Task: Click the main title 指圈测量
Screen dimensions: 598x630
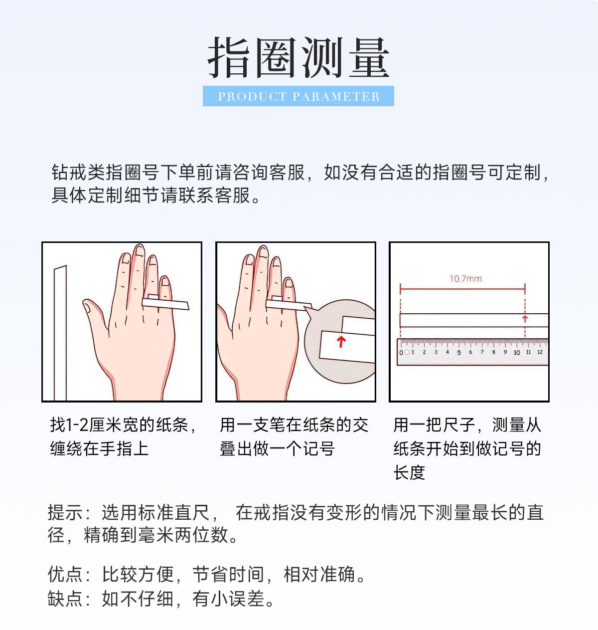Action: coord(299,58)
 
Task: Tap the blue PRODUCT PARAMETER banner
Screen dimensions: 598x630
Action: coord(299,96)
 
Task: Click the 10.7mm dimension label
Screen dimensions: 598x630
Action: coord(465,279)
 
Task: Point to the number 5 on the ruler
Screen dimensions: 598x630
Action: coord(459,353)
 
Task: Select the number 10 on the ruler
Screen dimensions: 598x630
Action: coord(517,353)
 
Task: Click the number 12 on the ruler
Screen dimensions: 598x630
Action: coord(540,352)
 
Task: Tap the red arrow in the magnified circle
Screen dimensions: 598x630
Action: coord(341,342)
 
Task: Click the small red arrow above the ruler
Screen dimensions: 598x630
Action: coord(525,319)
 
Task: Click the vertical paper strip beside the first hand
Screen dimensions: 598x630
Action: coord(60,333)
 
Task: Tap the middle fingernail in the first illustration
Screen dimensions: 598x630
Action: coord(140,250)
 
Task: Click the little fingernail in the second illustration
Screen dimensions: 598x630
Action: coord(289,283)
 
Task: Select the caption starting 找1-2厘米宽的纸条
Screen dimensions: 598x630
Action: coord(123,436)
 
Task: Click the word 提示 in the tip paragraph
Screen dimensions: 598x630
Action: coord(65,513)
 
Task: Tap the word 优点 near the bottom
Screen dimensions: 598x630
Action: coord(65,574)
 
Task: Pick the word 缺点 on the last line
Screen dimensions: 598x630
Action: coord(65,599)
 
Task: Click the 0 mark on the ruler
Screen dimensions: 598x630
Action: coord(401,353)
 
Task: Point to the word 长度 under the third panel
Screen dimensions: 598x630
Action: coord(409,472)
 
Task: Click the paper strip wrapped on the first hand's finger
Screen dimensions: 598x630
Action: coord(165,304)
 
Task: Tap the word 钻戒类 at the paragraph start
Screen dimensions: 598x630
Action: coord(78,173)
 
